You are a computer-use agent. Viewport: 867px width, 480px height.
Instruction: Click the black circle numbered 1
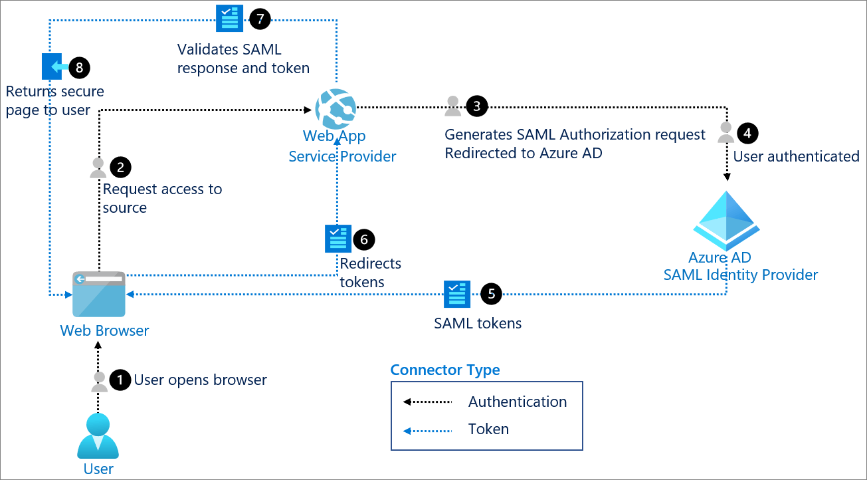pos(120,380)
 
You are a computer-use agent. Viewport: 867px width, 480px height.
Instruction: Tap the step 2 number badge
pos(120,168)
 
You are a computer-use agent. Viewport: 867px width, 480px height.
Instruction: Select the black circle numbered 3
pos(476,106)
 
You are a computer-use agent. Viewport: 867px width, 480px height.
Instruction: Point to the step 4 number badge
pos(747,133)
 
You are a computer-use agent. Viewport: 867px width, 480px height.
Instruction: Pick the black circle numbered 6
pos(364,239)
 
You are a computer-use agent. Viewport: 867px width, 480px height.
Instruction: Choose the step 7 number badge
pos(260,19)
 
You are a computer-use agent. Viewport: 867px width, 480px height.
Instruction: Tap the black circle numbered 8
pos(79,67)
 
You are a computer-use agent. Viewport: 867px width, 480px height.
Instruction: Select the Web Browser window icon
pos(98,294)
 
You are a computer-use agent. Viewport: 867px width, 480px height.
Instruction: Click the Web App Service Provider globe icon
pos(336,108)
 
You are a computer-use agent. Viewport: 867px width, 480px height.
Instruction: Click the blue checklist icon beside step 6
pos(337,239)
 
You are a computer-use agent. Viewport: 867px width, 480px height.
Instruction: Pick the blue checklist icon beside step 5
pos(457,294)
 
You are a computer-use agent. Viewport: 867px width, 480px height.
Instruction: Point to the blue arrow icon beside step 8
pos(55,67)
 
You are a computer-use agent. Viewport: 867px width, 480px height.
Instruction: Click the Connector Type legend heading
pos(444,370)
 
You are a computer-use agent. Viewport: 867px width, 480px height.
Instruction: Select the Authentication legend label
pos(517,402)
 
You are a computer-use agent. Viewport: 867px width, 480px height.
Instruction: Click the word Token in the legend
pos(488,429)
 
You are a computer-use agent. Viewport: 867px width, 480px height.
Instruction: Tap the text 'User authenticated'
pos(796,156)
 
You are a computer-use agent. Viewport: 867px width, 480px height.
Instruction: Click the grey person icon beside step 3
pos(453,106)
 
